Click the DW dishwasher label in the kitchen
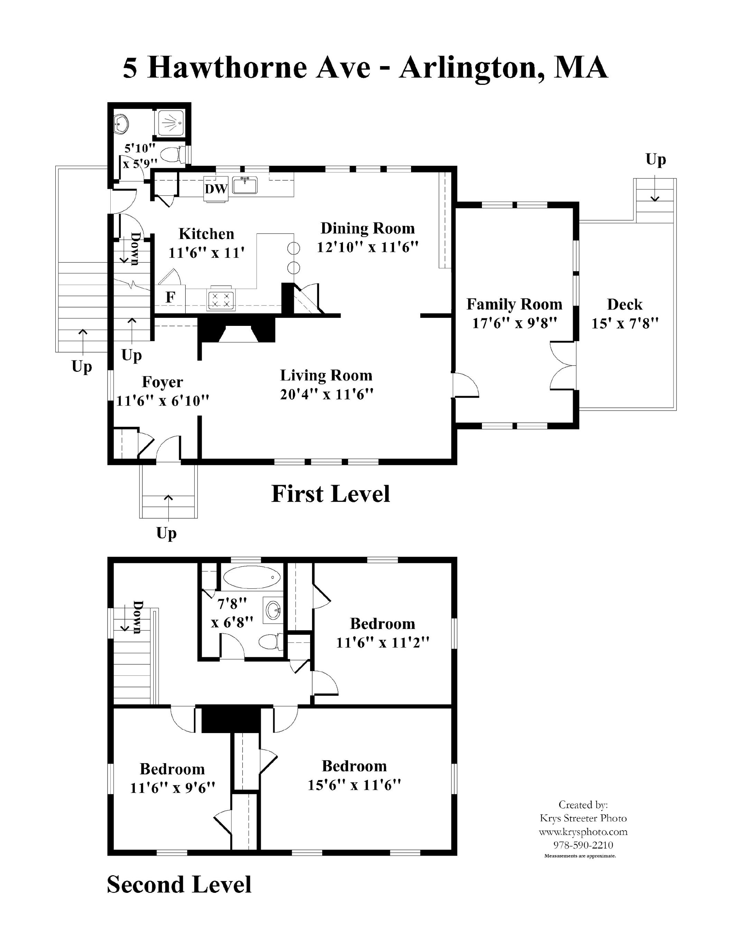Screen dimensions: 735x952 pyautogui.click(x=216, y=189)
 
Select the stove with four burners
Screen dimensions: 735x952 pyautogui.click(x=221, y=300)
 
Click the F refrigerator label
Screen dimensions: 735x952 pyautogui.click(x=170, y=297)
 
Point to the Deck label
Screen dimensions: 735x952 pyautogui.click(x=624, y=304)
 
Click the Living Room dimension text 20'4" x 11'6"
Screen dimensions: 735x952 pyautogui.click(x=327, y=394)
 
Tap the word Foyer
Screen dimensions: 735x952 pyautogui.click(x=162, y=383)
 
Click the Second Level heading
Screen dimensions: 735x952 pyautogui.click(x=179, y=885)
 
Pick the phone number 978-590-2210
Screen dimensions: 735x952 pyautogui.click(x=583, y=845)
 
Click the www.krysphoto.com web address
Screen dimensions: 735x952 pyautogui.click(x=583, y=832)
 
